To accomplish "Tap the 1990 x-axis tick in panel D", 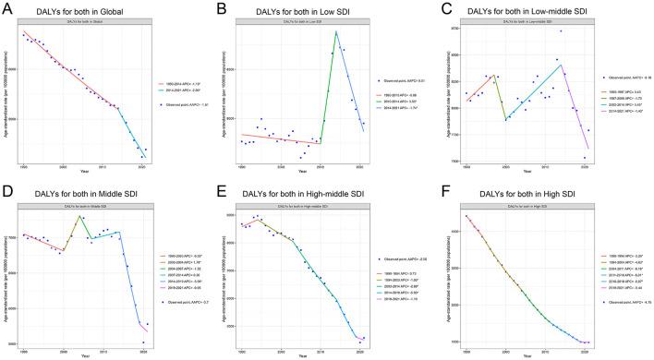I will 24,353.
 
